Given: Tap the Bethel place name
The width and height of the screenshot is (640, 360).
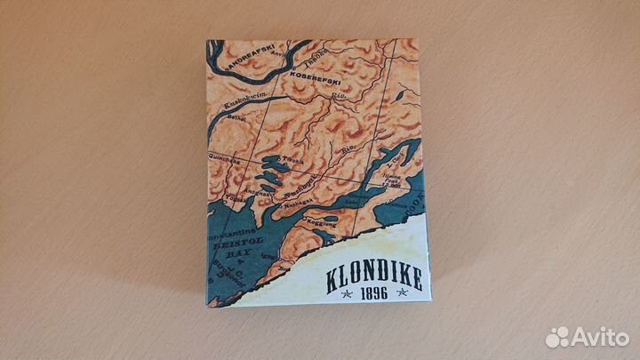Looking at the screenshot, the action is point(232,117).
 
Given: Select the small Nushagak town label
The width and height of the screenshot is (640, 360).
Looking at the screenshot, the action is point(292,203).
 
